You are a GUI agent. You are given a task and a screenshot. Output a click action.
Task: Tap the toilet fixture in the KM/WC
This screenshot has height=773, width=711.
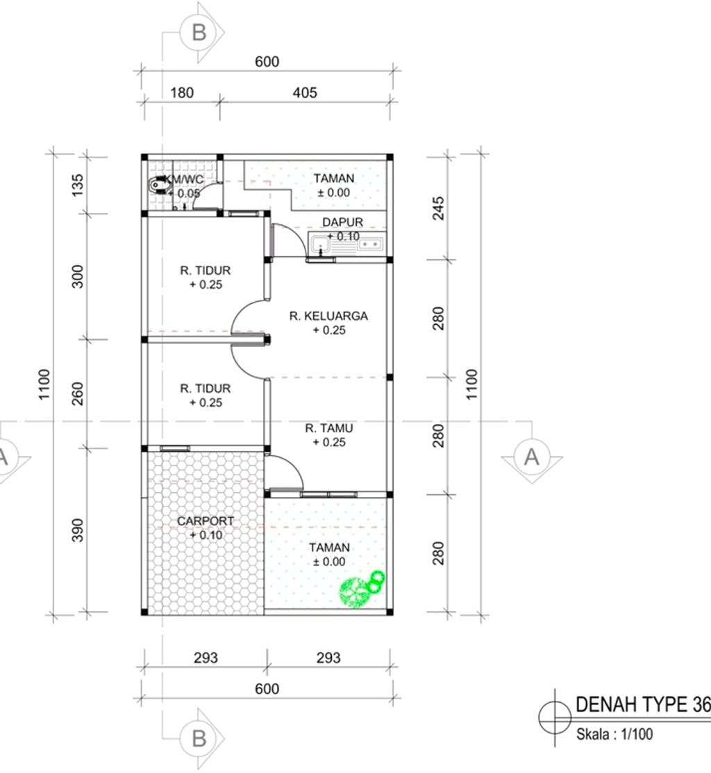click(158, 185)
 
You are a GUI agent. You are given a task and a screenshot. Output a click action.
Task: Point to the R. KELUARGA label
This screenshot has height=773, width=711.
click(328, 316)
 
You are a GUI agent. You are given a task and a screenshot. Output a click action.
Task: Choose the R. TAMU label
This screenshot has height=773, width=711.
click(328, 428)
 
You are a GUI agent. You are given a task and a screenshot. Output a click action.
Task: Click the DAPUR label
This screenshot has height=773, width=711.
click(342, 222)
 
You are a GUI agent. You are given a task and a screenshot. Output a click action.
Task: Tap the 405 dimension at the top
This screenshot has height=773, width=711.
click(304, 93)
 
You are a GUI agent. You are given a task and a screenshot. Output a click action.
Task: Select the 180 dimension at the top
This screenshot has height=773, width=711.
click(182, 93)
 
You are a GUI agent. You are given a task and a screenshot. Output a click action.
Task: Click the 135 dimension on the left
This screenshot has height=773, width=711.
click(78, 185)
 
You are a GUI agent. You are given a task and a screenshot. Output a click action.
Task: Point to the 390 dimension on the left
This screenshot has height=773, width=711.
click(78, 530)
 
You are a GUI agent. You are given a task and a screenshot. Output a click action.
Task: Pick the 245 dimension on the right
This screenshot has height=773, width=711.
click(438, 208)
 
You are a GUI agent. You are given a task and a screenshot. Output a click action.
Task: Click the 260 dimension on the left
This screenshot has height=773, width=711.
click(78, 394)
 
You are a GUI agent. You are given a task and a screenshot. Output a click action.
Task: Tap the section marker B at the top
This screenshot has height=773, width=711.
click(199, 33)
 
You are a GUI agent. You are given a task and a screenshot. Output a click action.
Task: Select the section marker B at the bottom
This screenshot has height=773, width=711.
click(199, 738)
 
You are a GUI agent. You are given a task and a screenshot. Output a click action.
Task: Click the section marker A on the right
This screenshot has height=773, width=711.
click(532, 458)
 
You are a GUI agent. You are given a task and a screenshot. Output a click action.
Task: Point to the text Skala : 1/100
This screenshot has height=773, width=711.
click(614, 735)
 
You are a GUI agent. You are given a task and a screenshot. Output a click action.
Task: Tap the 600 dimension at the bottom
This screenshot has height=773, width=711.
click(267, 689)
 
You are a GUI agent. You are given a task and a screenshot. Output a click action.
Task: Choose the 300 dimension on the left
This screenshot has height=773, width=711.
click(78, 277)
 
